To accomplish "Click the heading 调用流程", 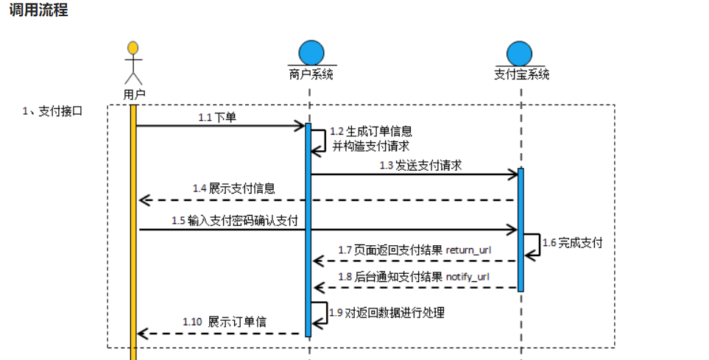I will tap(38, 11).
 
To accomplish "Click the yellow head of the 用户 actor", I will tap(133, 49).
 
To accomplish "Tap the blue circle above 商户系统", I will tap(311, 52).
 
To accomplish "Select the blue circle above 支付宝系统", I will tap(521, 53).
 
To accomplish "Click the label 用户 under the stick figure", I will tap(134, 93).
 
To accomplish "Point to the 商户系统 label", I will tap(311, 74).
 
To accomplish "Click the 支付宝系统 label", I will tap(521, 74).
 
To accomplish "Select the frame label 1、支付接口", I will tap(52, 111).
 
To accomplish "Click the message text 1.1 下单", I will tap(217, 117).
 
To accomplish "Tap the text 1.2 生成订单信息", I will tap(370, 131).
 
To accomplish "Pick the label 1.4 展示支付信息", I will tap(234, 188).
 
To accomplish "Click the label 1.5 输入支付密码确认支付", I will tap(235, 220).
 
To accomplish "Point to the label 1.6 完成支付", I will tap(572, 242).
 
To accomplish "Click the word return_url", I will tap(468, 250).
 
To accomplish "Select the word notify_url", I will tap(468, 277).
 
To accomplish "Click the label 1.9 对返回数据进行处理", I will tap(387, 313).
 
